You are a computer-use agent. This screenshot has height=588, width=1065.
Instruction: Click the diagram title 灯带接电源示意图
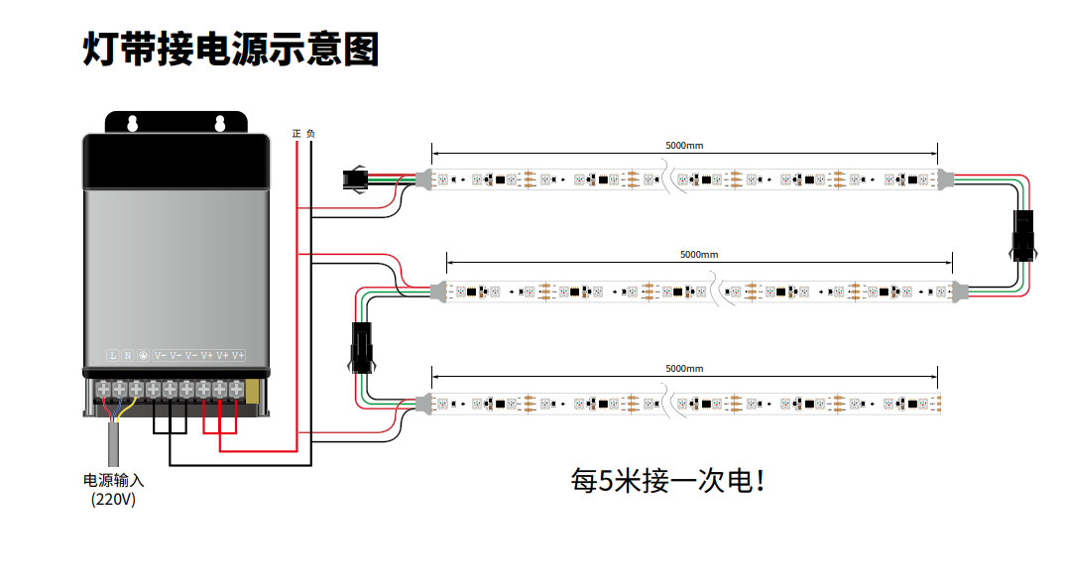pos(230,49)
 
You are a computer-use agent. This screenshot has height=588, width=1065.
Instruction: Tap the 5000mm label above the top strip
pos(684,145)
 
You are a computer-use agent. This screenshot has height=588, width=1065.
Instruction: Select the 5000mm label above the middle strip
pos(699,254)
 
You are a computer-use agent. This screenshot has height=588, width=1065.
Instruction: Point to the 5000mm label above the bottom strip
pos(684,368)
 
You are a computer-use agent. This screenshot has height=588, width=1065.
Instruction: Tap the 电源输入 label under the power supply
pos(113,480)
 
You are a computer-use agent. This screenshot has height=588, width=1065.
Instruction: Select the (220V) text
pos(113,500)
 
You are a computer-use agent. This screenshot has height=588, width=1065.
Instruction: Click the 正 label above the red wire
pos(296,133)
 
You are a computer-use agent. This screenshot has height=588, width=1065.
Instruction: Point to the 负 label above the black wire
pos(310,133)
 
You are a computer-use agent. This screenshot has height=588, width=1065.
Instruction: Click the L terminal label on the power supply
pos(112,355)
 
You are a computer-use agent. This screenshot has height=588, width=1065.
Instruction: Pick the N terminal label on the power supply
pos(127,355)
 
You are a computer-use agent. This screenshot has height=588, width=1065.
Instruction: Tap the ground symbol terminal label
pos(143,355)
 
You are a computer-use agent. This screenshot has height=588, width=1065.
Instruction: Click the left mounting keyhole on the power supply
pos(130,123)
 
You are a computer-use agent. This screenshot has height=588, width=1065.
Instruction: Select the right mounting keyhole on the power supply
pos(220,123)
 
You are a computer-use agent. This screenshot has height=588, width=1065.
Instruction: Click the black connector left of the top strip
pos(355,180)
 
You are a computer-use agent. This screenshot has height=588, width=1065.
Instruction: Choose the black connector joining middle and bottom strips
pos(361,348)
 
